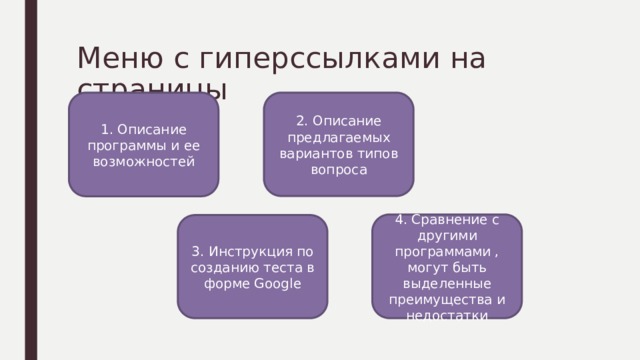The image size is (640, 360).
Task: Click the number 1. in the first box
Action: click(107, 130)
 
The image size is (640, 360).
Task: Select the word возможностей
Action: click(144, 160)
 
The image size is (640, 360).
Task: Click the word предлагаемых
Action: click(338, 138)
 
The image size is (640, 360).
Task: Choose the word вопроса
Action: click(338, 170)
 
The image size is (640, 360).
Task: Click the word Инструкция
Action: click(264, 251)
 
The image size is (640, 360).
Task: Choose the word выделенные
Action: click(448, 284)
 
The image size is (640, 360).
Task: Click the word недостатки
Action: click(448, 316)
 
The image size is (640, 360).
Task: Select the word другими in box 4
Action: click(448, 236)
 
